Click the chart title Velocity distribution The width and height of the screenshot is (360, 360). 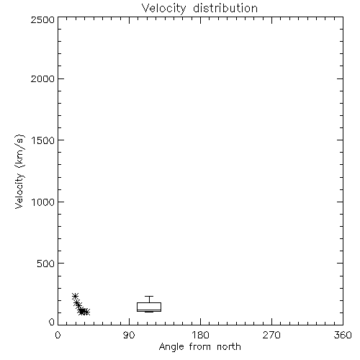point(199,8)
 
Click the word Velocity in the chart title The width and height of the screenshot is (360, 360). point(163,9)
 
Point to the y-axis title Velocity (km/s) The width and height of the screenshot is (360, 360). point(19,171)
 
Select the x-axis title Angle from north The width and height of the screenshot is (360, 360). point(199,346)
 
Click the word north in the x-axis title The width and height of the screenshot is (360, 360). point(229,346)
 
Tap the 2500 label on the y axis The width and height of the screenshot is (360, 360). point(42,19)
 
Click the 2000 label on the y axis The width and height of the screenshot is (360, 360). point(42,78)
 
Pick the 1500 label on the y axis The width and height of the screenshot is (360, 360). point(43,140)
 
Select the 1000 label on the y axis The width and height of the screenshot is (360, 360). point(43,202)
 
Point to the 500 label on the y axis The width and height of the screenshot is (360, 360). point(46,264)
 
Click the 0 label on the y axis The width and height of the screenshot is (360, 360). point(52,322)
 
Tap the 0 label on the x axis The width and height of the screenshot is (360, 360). point(58,335)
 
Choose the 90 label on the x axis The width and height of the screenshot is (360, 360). point(129,335)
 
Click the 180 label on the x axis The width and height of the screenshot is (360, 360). point(200,335)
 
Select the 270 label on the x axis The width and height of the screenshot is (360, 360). point(271,335)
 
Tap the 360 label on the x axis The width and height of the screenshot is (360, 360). point(343,335)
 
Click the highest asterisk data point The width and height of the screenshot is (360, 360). point(75,296)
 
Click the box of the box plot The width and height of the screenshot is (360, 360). point(149,303)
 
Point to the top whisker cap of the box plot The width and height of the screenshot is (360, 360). point(149,297)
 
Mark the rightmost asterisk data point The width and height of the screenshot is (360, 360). point(87,312)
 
